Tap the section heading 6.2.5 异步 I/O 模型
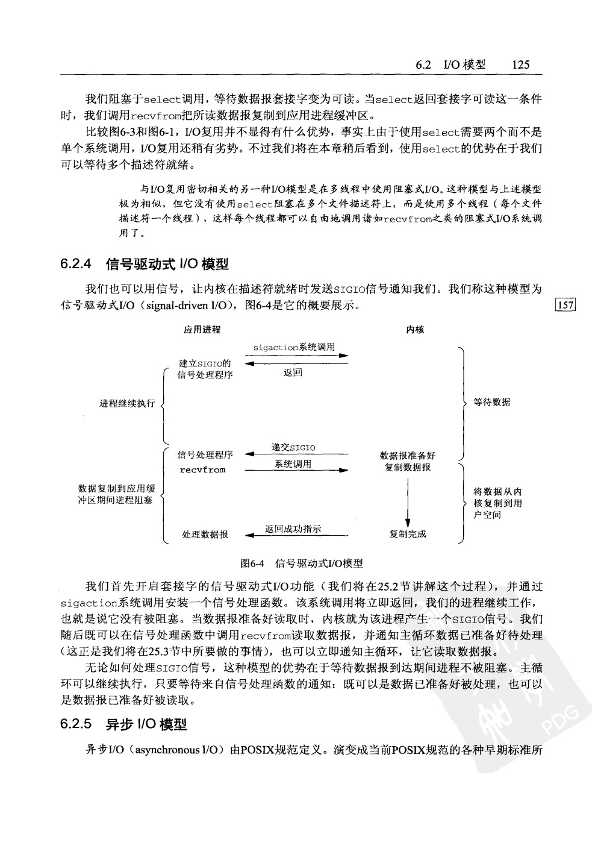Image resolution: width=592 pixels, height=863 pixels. click(x=123, y=724)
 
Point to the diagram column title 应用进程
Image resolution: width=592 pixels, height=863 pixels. click(x=202, y=330)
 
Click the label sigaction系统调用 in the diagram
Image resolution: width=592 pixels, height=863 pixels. click(x=294, y=348)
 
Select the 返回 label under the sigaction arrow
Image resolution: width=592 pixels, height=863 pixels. click(x=293, y=373)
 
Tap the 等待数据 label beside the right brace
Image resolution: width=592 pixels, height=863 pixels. click(x=491, y=402)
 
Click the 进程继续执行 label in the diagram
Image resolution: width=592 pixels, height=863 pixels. click(x=127, y=403)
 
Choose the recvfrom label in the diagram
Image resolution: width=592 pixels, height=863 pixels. click(x=203, y=470)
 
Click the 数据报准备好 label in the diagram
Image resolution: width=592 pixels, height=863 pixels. click(x=408, y=456)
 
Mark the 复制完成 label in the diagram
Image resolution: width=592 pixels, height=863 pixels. click(x=408, y=534)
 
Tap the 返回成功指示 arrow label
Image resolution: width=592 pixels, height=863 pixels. click(x=293, y=529)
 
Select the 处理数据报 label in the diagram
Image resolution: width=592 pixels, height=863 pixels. click(x=205, y=534)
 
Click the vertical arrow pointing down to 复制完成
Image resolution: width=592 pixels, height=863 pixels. click(x=408, y=500)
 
